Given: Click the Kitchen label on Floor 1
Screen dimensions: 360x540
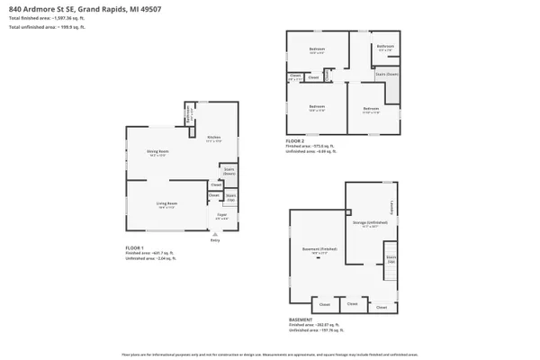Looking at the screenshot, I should tap(213, 138).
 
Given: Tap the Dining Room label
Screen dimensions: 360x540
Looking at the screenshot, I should tap(159, 151).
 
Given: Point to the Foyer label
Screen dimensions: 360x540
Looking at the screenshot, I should tap(220, 215).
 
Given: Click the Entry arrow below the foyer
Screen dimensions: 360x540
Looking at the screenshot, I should tap(214, 234).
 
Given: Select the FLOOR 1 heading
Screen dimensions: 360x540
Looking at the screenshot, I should tap(135, 247).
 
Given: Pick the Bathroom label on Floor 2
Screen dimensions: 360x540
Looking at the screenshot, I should tap(386, 47).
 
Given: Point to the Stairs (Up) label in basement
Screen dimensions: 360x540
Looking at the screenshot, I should tap(391, 259).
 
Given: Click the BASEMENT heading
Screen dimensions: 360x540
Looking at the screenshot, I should tap(301, 319).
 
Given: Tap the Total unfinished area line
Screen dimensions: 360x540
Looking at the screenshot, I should tap(45, 28).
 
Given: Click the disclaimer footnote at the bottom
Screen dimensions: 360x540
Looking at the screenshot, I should tap(270, 354).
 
